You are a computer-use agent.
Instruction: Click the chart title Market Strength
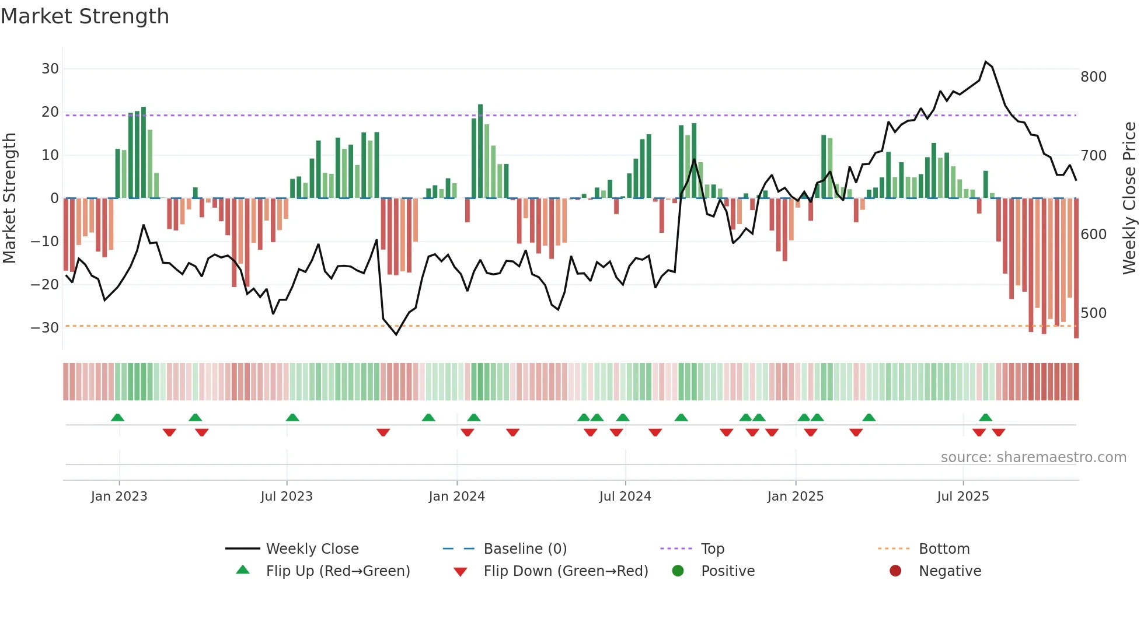(x=85, y=16)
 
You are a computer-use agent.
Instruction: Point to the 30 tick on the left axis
(x=50, y=69)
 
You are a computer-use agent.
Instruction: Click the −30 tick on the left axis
(x=45, y=327)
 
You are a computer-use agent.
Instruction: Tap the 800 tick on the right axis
(x=1093, y=77)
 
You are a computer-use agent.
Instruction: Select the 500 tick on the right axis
(x=1093, y=313)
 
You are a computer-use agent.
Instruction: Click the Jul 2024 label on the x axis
(x=625, y=497)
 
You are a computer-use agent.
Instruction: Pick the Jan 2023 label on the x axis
(x=119, y=497)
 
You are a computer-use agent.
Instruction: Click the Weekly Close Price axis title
(x=1129, y=198)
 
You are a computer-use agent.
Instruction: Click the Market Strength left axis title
(x=9, y=198)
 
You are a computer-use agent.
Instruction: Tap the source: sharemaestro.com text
(x=1033, y=457)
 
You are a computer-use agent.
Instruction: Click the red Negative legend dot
(x=895, y=571)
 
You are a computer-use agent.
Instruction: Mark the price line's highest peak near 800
(x=986, y=62)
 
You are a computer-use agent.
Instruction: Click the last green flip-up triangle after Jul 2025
(x=985, y=417)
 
